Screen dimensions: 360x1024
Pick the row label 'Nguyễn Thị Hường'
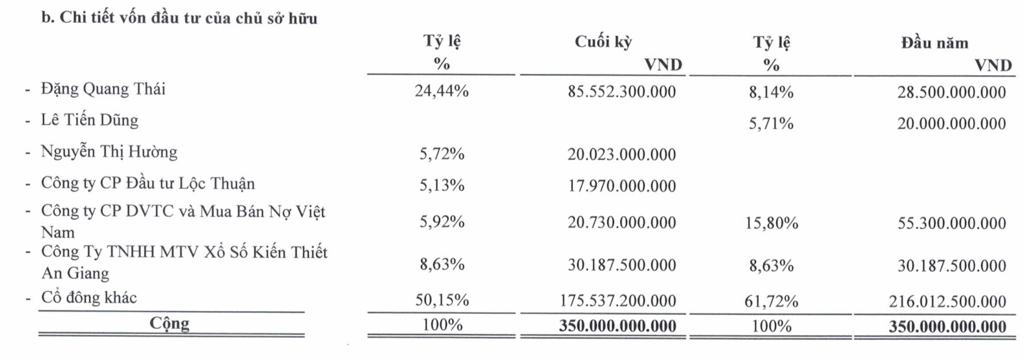tap(108, 152)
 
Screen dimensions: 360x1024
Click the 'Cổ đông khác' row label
tap(90, 298)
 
